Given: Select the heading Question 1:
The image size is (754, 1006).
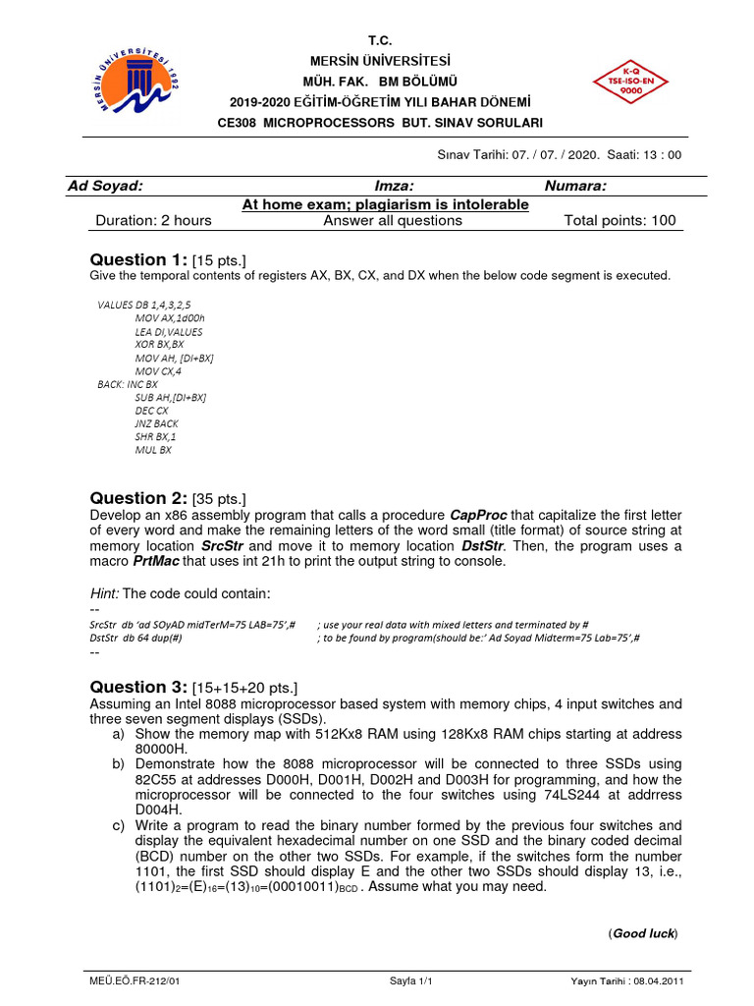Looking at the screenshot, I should tap(140, 259).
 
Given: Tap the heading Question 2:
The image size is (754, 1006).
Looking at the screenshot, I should tap(140, 498).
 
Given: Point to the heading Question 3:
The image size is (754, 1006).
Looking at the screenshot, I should tap(140, 687).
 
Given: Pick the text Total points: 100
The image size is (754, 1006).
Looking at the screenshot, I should tap(619, 220).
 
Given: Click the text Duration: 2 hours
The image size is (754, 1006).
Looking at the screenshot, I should tap(153, 220).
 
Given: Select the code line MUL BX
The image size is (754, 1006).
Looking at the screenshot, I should tap(153, 449).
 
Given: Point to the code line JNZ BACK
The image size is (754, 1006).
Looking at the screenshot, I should tap(157, 423).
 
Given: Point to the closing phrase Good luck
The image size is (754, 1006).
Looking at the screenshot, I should tap(643, 932).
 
